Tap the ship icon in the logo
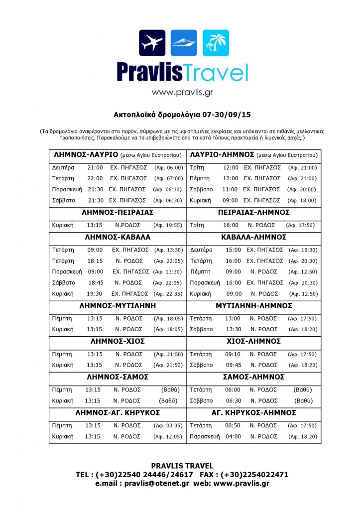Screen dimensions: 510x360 (183, 43)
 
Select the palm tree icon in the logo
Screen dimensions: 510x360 (216, 43)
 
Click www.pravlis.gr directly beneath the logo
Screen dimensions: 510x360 (183, 92)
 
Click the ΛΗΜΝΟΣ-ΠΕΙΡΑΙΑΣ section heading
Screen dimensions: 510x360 (118, 213)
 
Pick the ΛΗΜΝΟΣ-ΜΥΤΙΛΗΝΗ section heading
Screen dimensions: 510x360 (118, 306)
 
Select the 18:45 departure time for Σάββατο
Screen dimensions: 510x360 (96, 282)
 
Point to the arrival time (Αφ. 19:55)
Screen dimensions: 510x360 (168, 225)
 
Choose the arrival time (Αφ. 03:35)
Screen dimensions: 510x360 (168, 426)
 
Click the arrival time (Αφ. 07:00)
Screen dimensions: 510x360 (168, 179)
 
